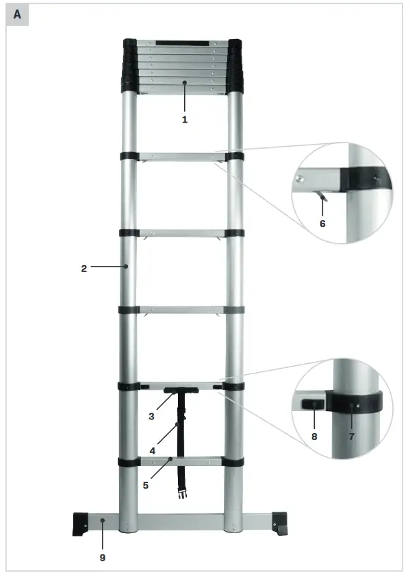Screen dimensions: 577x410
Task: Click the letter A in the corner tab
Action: click(x=17, y=14)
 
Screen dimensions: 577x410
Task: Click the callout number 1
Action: click(x=184, y=119)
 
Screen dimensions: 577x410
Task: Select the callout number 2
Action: click(x=84, y=269)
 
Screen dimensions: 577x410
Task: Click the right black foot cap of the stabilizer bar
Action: click(x=281, y=524)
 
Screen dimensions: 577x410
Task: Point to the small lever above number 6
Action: click(x=323, y=197)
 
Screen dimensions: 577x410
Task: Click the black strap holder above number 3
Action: click(x=181, y=391)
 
